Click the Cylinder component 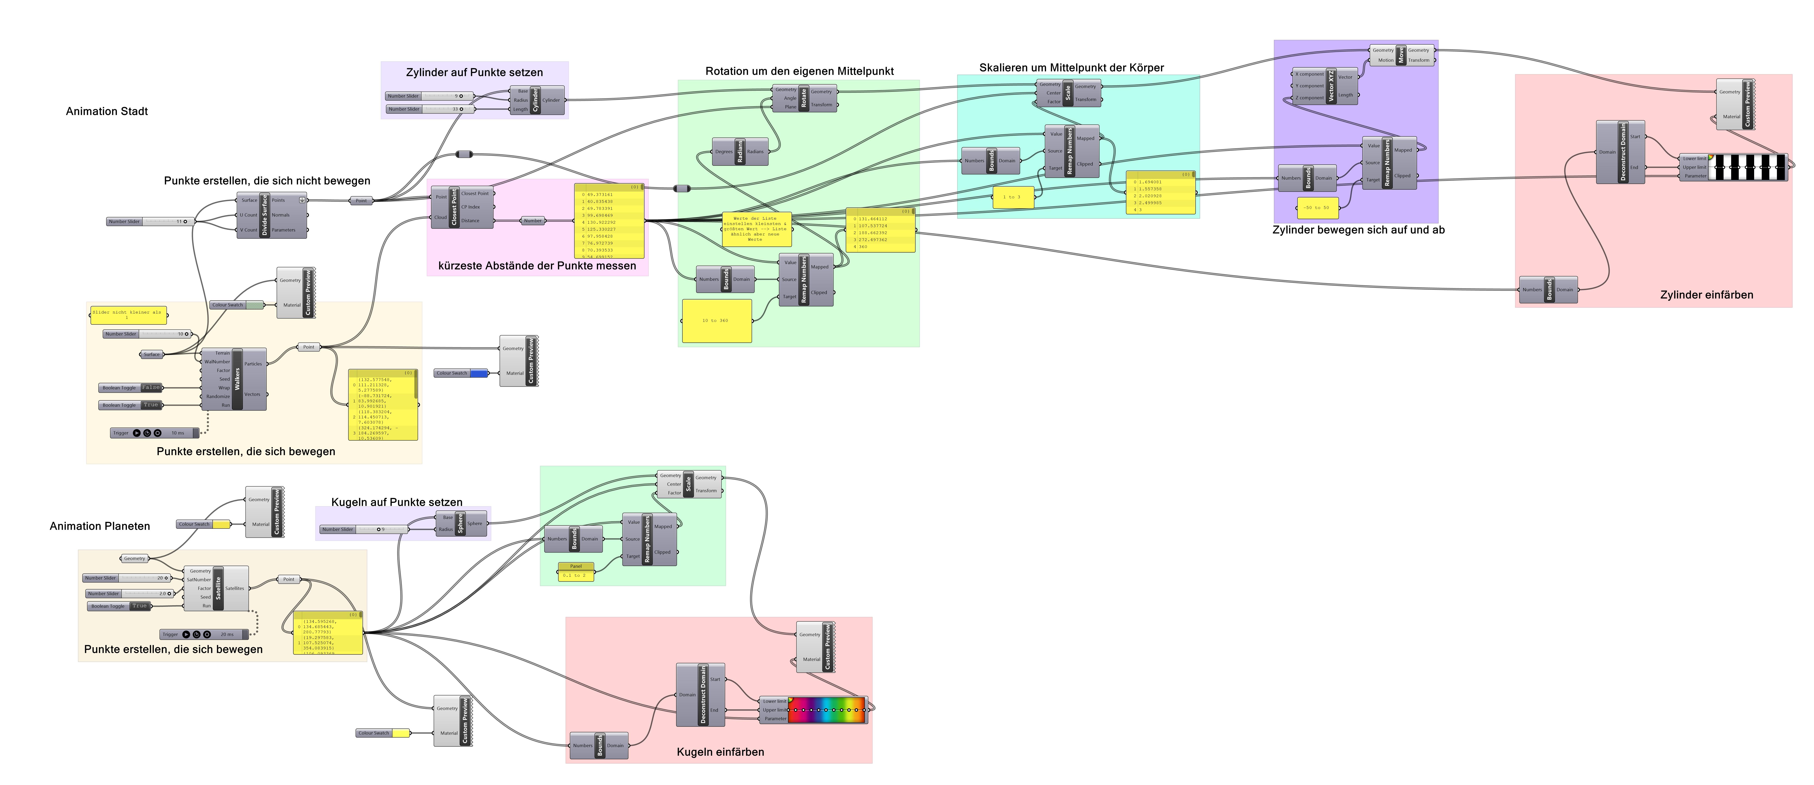pyautogui.click(x=535, y=100)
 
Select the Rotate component pyautogui.click(x=804, y=98)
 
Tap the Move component pyautogui.click(x=1401, y=55)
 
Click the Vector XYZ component pyautogui.click(x=1331, y=86)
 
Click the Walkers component pyautogui.click(x=237, y=379)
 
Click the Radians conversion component pyautogui.click(x=739, y=152)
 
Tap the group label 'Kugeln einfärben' pyautogui.click(x=720, y=752)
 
